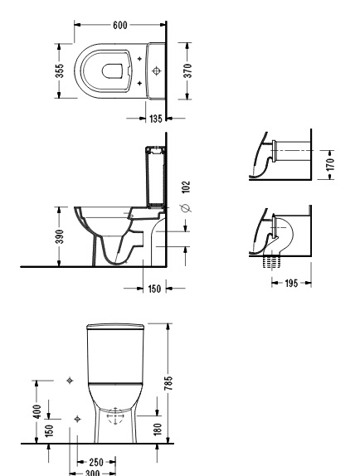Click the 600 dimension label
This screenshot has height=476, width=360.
point(120,25)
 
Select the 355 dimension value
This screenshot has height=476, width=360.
point(60,70)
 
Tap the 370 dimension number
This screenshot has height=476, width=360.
point(188,70)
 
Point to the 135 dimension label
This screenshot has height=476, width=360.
point(156,119)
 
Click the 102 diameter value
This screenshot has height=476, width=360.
point(186,187)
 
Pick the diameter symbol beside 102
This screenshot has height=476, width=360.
point(185,208)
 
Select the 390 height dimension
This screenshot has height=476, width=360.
point(60,237)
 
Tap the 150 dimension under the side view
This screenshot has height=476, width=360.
point(154,289)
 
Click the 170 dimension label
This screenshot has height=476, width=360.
point(331,164)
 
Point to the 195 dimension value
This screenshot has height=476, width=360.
point(291,284)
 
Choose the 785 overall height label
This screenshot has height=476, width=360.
point(168,383)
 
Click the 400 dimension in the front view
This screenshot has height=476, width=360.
point(37,411)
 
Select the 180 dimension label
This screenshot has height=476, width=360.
point(158,430)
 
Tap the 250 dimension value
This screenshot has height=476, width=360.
point(96,463)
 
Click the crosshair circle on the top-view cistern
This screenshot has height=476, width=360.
point(157,71)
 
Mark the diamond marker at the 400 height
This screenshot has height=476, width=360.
point(70,381)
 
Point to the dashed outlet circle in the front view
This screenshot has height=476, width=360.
point(115,416)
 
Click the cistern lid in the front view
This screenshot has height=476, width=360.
point(115,327)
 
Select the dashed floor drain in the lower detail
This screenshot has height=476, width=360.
point(272,261)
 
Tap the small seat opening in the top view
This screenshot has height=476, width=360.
point(112,71)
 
